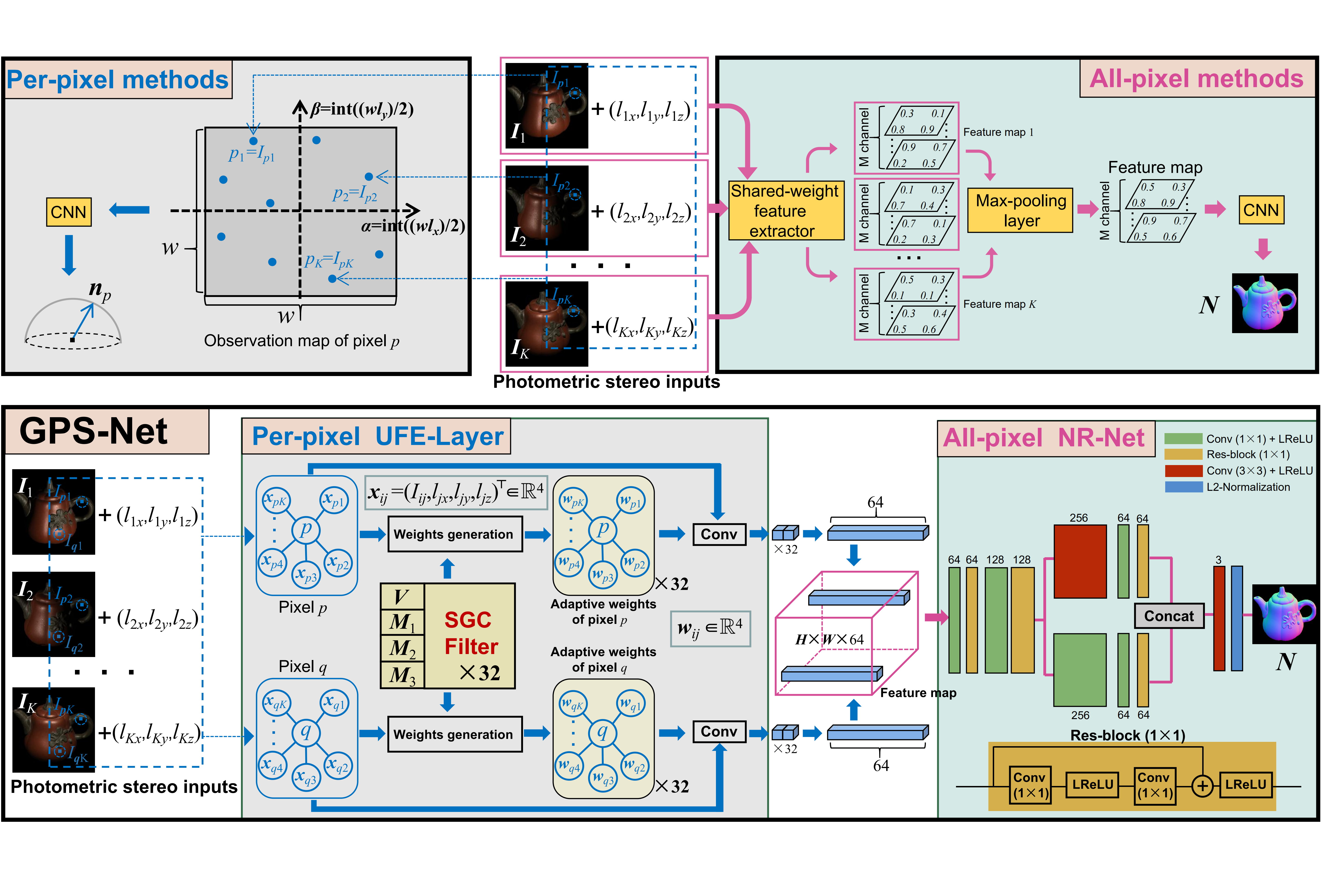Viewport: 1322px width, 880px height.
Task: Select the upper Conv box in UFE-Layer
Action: (x=719, y=534)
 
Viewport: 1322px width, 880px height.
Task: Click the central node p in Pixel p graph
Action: (x=306, y=529)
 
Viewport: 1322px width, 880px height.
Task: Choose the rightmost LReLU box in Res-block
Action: (x=1245, y=785)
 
